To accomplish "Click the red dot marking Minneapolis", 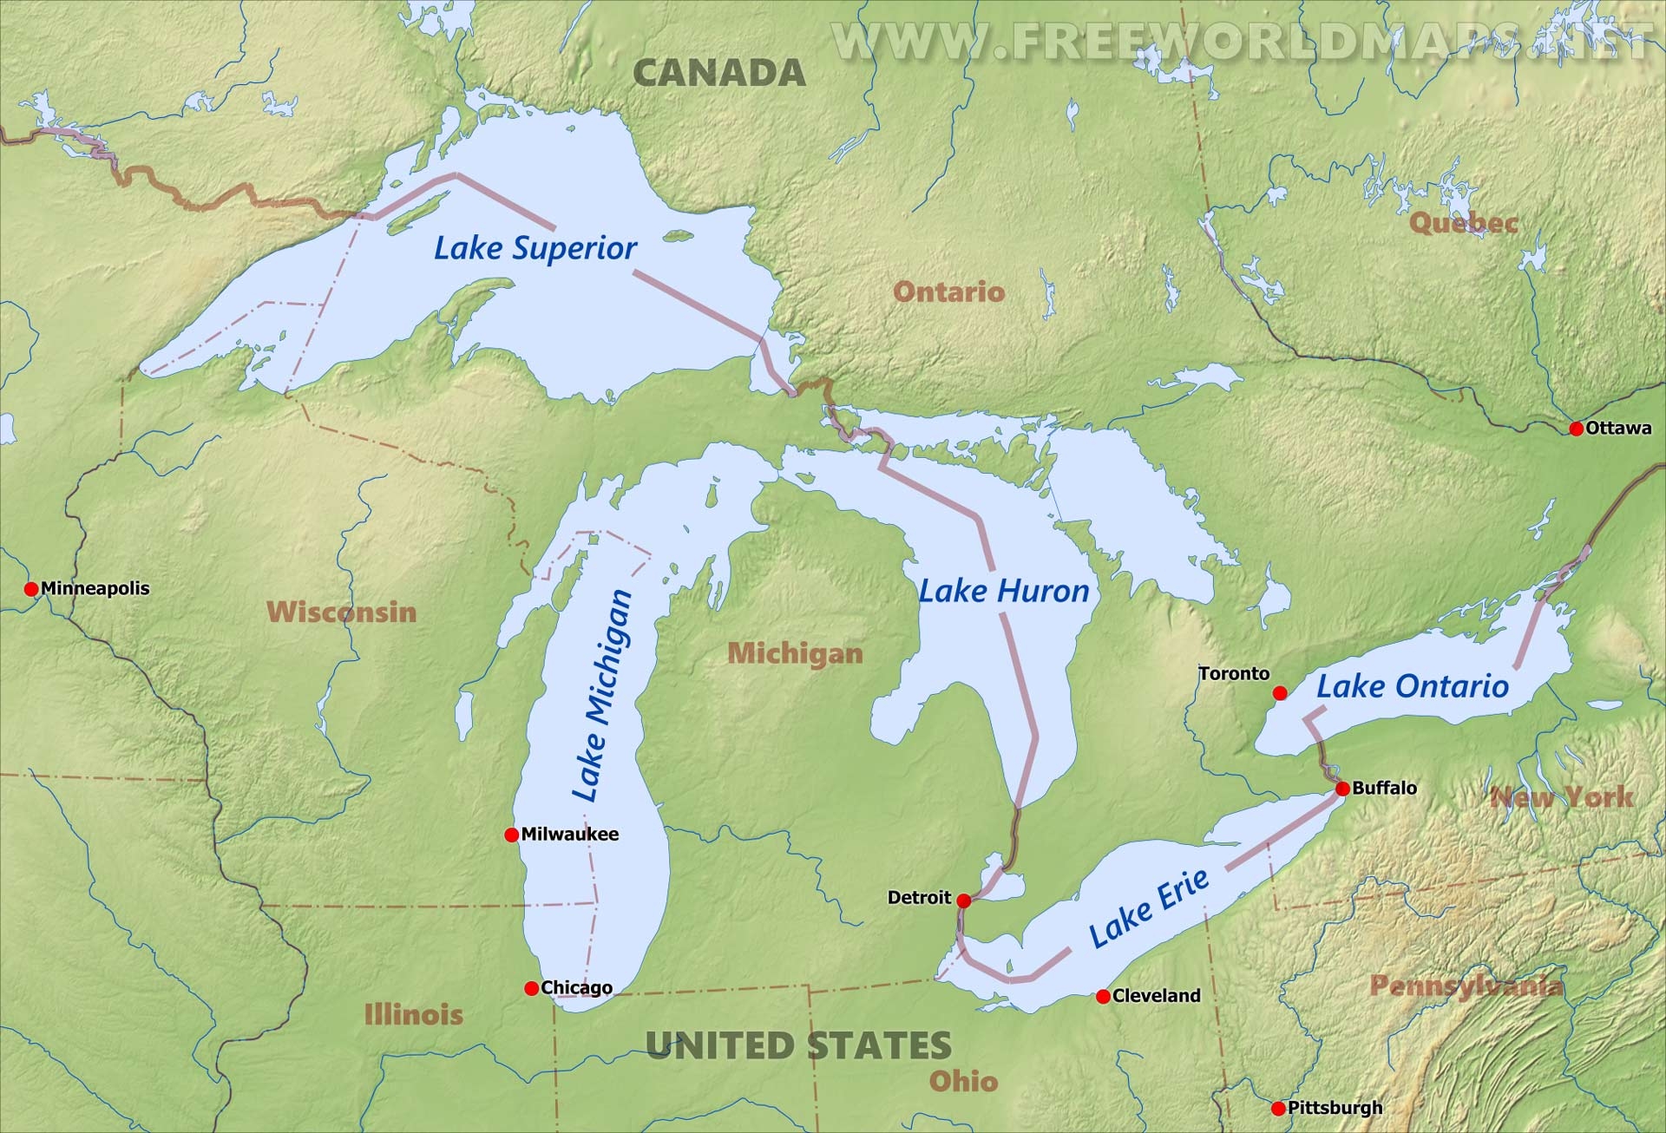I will point(31,589).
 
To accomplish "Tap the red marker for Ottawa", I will point(1576,429).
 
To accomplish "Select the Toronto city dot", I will point(1279,692).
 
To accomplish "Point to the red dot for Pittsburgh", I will point(1277,1108).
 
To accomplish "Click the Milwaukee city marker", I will point(511,835).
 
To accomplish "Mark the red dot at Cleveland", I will point(1103,996).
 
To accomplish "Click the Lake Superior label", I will point(535,248).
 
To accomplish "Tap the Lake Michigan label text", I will point(602,697).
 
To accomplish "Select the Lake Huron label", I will point(1004,592).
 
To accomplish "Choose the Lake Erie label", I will point(1149,907).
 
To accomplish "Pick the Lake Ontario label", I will point(1413,686).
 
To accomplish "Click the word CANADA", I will point(719,73).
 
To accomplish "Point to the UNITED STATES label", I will point(798,1045).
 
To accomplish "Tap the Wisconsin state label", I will point(342,612).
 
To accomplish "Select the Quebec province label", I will point(1464,223).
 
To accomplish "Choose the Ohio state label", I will point(963,1081).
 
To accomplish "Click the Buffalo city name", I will point(1385,788).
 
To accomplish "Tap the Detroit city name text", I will point(919,898).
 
